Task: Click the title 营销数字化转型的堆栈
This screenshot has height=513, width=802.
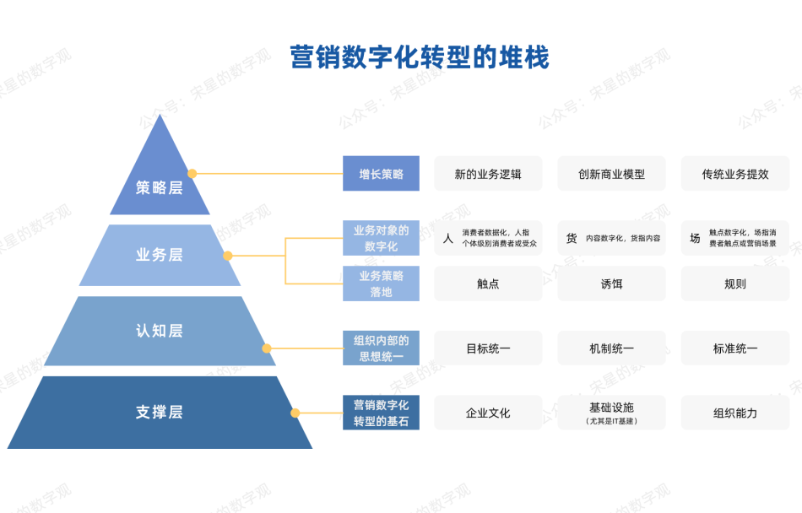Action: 420,57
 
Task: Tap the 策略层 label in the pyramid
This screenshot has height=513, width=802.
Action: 160,187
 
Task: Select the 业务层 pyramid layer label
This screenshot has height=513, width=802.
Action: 160,255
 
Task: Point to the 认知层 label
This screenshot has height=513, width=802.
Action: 160,331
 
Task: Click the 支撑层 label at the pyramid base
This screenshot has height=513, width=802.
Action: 160,412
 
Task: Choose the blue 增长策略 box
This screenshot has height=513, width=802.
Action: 381,174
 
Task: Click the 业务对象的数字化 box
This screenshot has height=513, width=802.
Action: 381,238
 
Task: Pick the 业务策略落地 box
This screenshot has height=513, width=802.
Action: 381,283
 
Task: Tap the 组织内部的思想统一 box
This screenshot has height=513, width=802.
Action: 381,348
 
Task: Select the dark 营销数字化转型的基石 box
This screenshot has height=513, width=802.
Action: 381,413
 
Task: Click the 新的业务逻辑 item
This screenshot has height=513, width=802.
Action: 488,174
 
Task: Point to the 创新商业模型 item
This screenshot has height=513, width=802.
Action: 611,174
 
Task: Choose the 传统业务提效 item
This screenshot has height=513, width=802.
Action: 735,174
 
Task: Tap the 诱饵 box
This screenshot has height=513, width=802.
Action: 611,283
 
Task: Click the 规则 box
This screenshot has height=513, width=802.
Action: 735,283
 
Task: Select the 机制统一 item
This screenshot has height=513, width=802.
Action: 611,348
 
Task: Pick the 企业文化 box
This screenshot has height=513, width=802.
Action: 488,413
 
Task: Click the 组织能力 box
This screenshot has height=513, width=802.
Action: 735,413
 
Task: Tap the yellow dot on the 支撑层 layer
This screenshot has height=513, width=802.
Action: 295,413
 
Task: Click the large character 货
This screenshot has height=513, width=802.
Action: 572,239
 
